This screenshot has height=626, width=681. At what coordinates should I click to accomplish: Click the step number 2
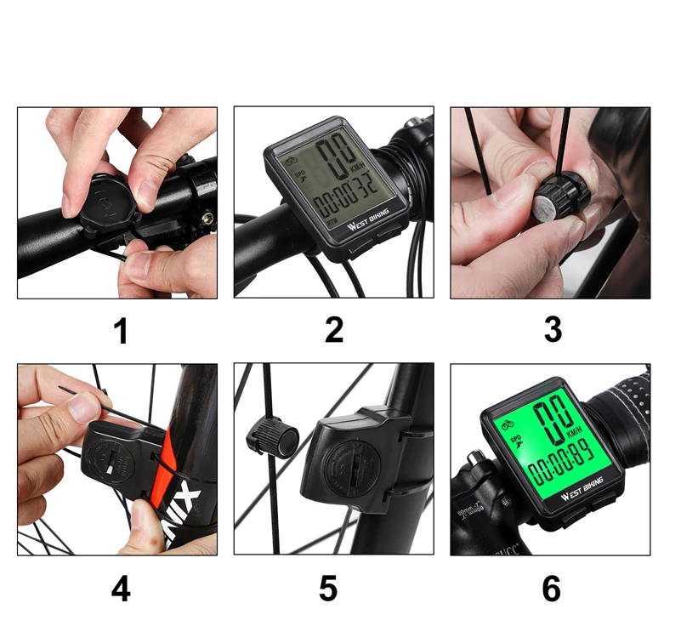[x=334, y=330]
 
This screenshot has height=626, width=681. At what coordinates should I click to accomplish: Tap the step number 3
[x=553, y=330]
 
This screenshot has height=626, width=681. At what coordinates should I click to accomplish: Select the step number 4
[x=121, y=589]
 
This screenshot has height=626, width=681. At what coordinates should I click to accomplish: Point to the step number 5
[x=329, y=589]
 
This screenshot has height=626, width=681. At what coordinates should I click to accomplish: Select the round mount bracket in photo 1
[x=100, y=202]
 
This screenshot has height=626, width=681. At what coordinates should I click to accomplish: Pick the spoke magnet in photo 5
[x=273, y=439]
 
